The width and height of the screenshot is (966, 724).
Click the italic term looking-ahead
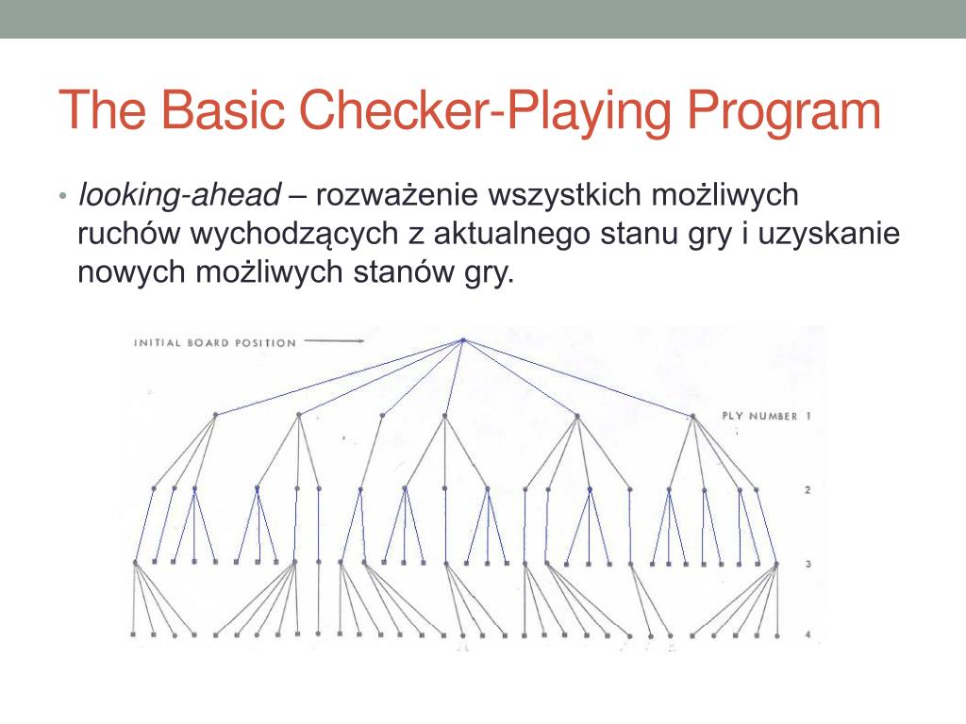[179, 195]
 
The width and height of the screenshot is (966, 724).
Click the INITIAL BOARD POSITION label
[215, 342]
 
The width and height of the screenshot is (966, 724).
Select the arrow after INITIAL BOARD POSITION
[335, 341]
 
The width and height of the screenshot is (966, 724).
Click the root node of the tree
[463, 340]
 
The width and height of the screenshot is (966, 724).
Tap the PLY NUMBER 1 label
[765, 415]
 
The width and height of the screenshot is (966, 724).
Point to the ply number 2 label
[808, 490]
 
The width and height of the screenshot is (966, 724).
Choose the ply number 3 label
[808, 564]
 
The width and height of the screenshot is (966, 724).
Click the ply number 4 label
[808, 634]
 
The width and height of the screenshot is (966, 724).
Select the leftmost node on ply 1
[215, 415]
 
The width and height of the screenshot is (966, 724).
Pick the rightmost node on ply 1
[693, 416]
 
